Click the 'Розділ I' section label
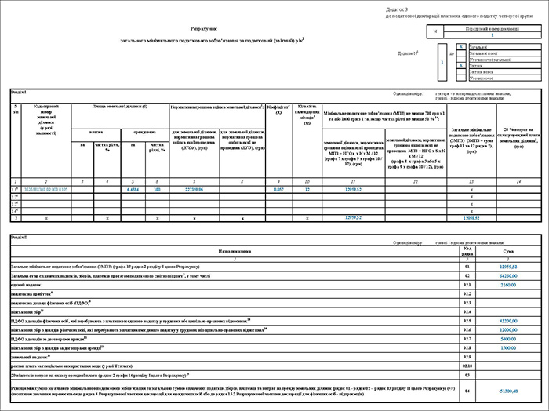pos(19,93)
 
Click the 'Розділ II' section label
pos(20,236)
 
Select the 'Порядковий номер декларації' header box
pos(492,28)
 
